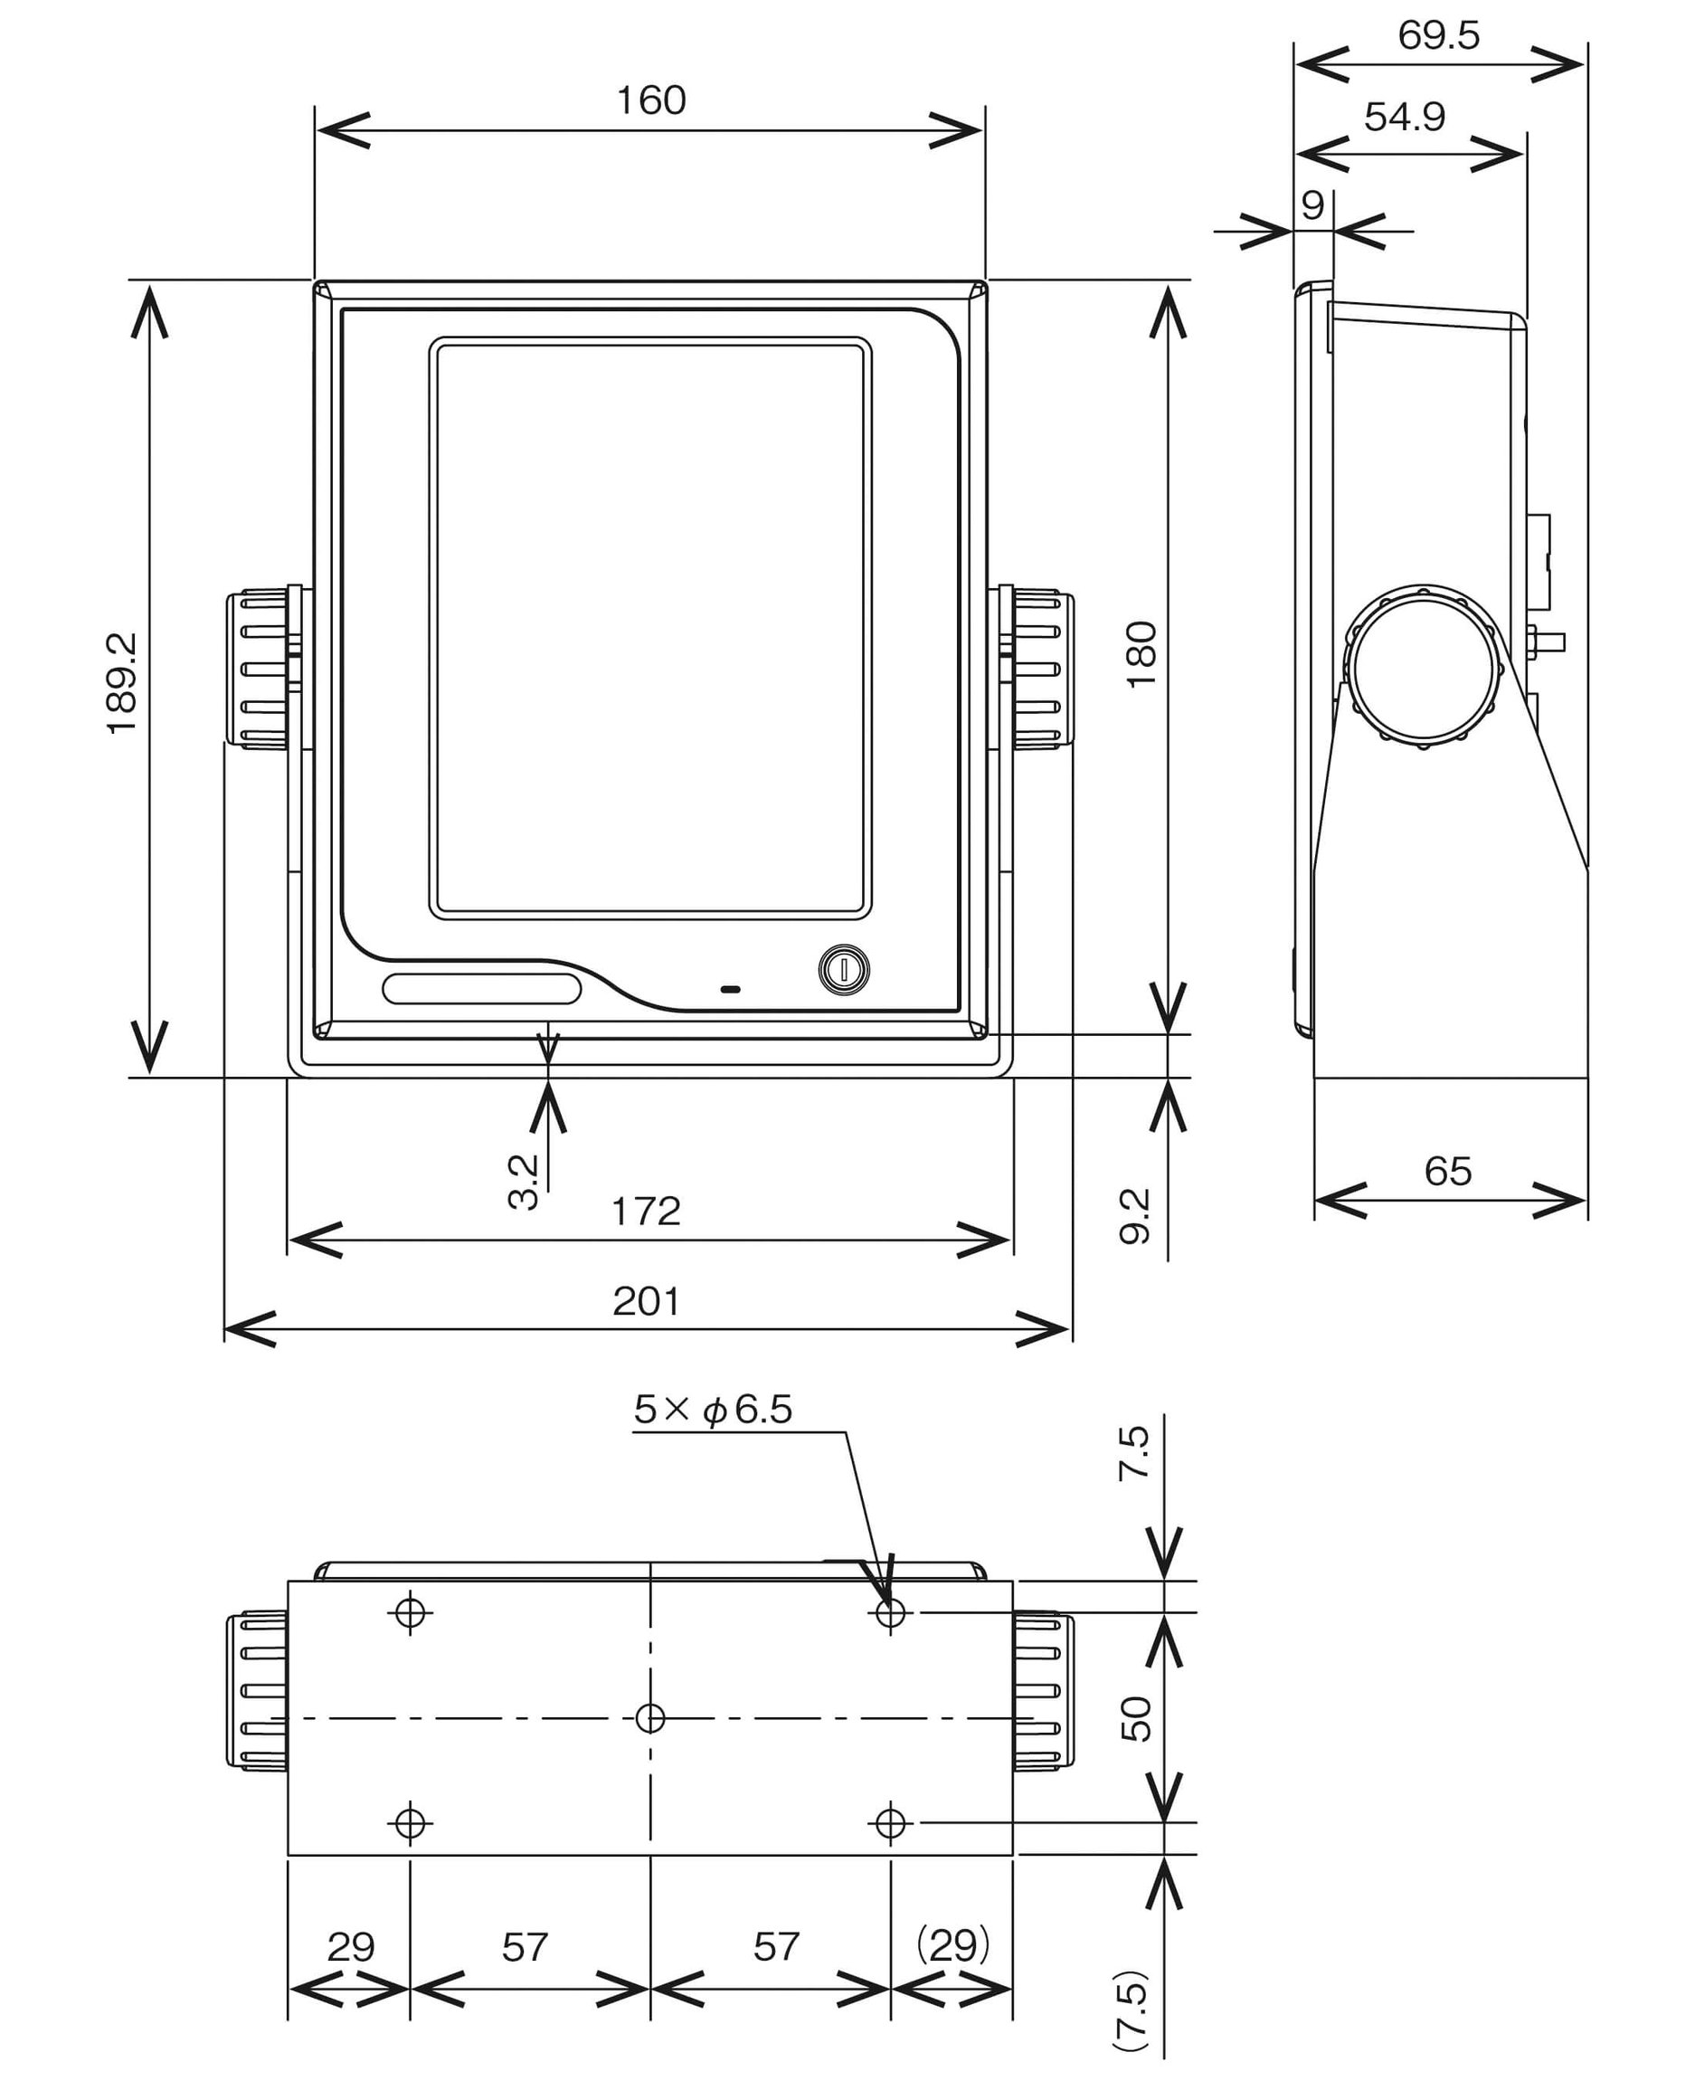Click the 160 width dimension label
tap(650, 100)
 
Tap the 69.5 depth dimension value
tap(1438, 35)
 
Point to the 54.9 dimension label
tap(1404, 118)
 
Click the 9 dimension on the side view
tap(1313, 205)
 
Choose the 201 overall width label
tap(646, 1302)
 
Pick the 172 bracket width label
tap(646, 1212)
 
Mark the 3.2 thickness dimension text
tap(525, 1182)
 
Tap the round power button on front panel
tap(843, 970)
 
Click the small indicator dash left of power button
tap(730, 989)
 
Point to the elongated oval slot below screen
tap(481, 988)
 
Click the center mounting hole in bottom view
tap(650, 1717)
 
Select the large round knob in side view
tap(1424, 669)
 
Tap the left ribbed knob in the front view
tap(260, 669)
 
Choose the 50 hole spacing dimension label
tap(1135, 1719)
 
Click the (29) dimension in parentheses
tap(952, 1946)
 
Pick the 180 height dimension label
tap(1141, 653)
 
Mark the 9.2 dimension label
tap(1134, 1216)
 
